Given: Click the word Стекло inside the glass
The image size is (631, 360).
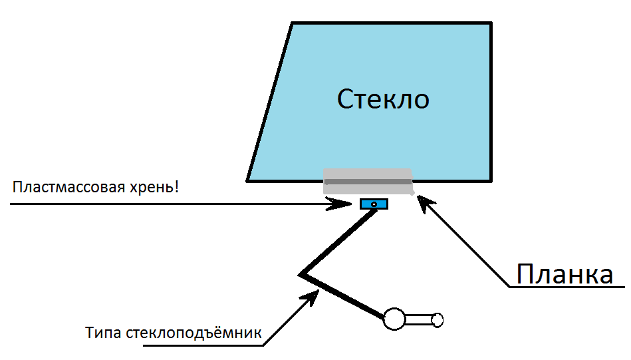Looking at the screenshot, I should click(x=383, y=100).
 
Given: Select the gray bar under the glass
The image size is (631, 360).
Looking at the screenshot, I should click(x=368, y=181).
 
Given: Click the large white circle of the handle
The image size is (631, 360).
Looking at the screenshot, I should click(x=394, y=320).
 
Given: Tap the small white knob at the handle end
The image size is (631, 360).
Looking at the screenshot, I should click(x=437, y=320).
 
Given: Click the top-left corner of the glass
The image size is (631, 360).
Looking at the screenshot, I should click(x=293, y=23).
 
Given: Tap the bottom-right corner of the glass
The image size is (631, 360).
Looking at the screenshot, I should click(x=491, y=180).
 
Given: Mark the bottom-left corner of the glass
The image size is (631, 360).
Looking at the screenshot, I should click(x=247, y=180).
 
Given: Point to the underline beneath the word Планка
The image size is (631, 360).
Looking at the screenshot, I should click(x=565, y=288).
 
